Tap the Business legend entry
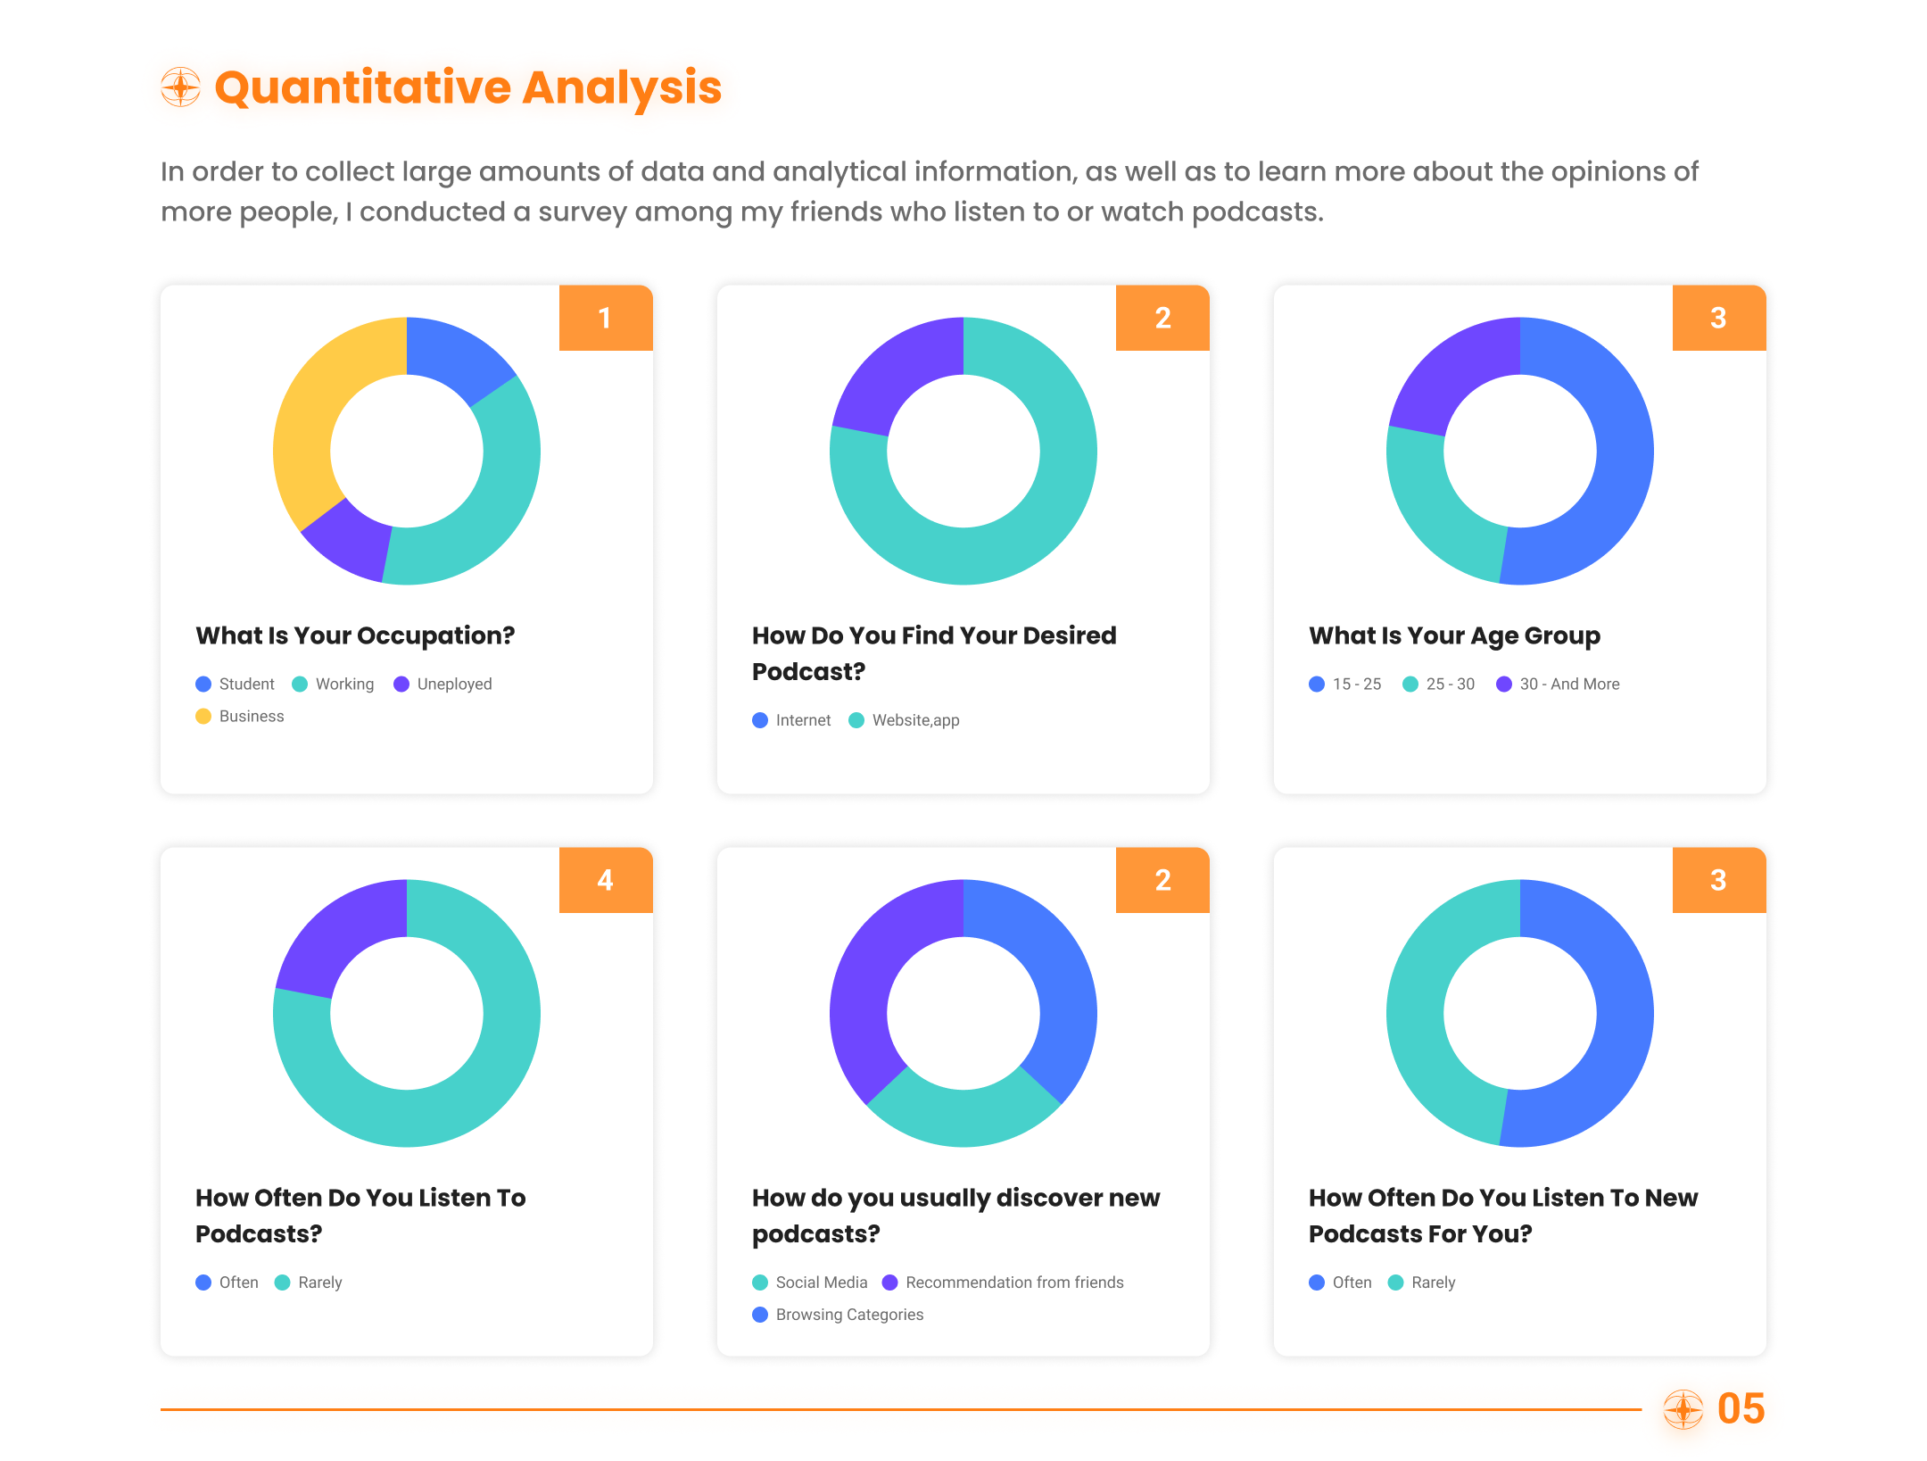(240, 716)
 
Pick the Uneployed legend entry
(442, 684)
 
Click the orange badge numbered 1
(606, 318)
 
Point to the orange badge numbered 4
(606, 880)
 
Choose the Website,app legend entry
(904, 720)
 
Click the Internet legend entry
(791, 720)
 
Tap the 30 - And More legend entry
(1558, 684)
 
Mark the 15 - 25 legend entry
(1345, 684)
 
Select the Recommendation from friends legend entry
(1003, 1283)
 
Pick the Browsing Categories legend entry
(838, 1315)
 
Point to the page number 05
(1741, 1409)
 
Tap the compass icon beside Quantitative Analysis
(181, 87)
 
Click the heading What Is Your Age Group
(1454, 635)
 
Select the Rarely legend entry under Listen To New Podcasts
(1422, 1283)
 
